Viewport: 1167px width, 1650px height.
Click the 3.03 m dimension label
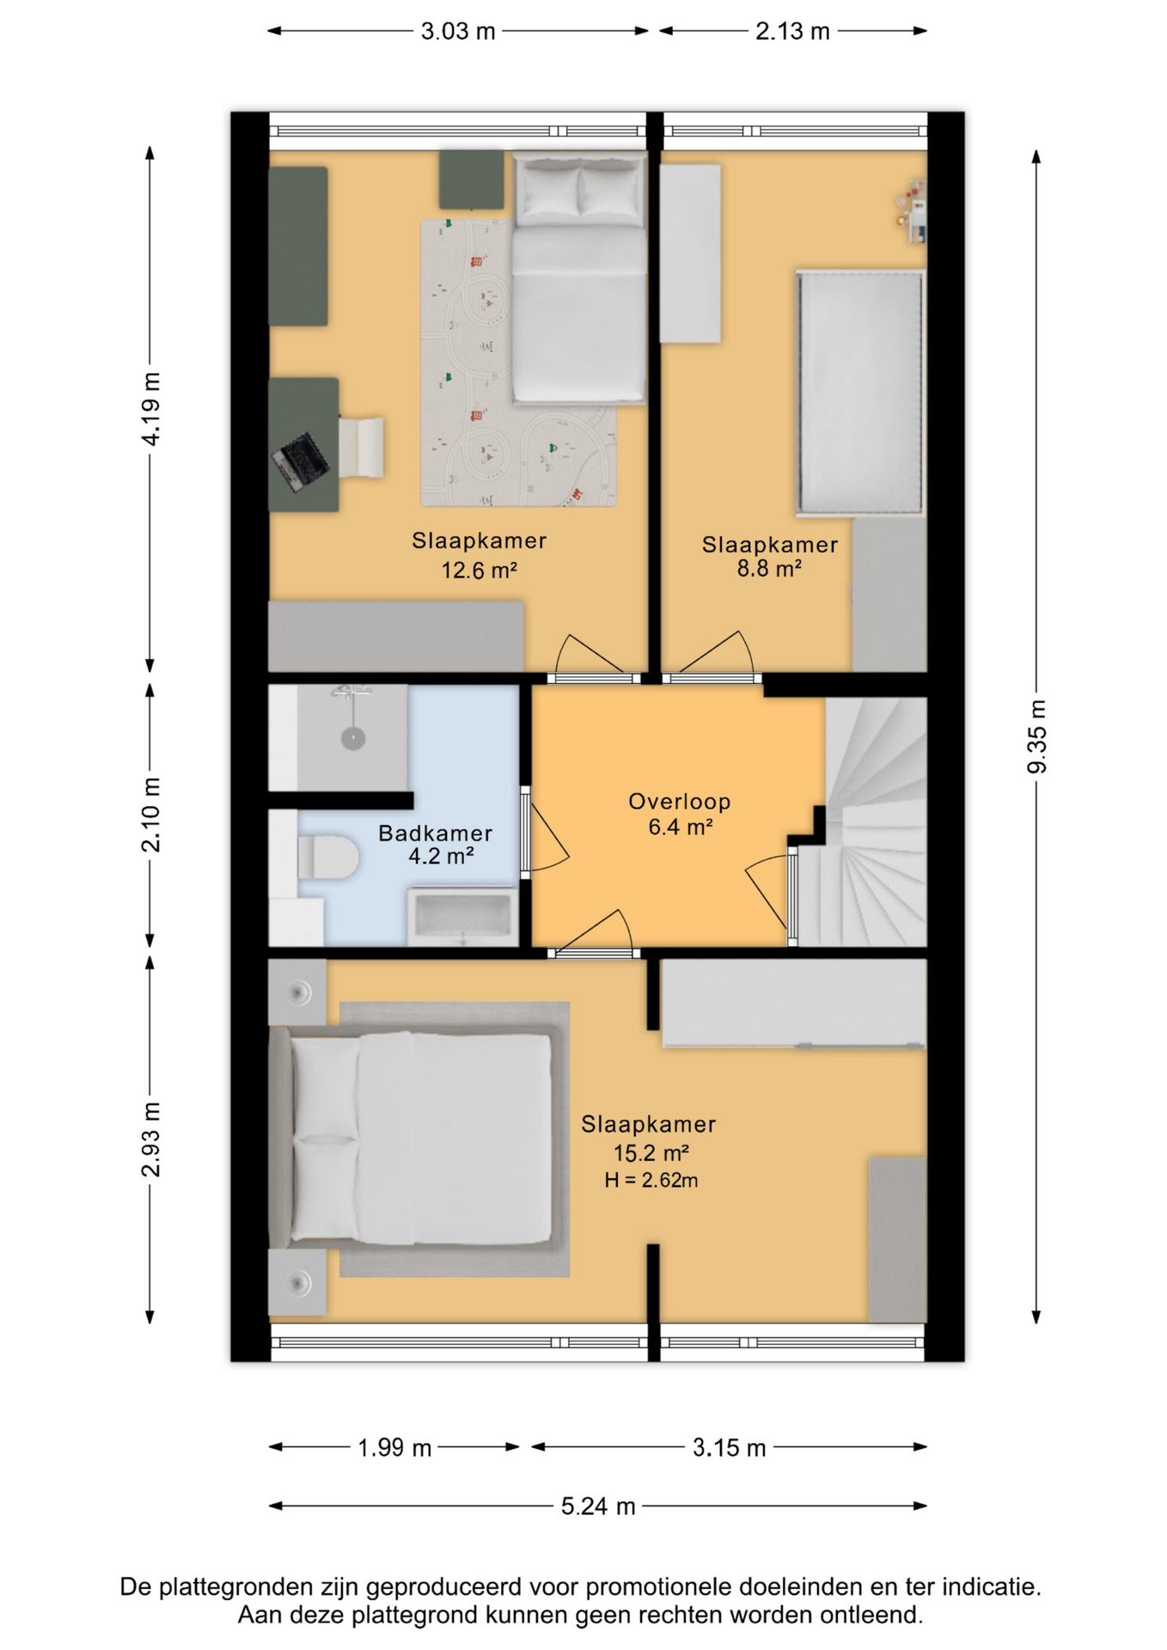pyautogui.click(x=458, y=32)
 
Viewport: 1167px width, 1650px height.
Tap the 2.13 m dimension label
pyautogui.click(x=792, y=32)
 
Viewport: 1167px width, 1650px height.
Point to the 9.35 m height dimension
pyautogui.click(x=1037, y=736)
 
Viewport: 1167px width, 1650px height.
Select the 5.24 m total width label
pyautogui.click(x=598, y=1506)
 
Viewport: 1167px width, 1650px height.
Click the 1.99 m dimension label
pyautogui.click(x=394, y=1448)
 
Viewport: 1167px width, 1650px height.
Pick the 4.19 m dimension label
pyautogui.click(x=150, y=409)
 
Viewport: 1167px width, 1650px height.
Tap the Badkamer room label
pyautogui.click(x=436, y=833)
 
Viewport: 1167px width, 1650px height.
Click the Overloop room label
pyautogui.click(x=680, y=801)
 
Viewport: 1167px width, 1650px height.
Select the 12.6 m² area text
pyautogui.click(x=479, y=570)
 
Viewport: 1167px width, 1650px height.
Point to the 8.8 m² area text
pyautogui.click(x=769, y=568)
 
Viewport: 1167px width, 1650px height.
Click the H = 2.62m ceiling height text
pyautogui.click(x=651, y=1180)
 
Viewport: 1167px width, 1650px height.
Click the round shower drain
pyautogui.click(x=353, y=737)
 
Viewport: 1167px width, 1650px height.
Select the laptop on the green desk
pyautogui.click(x=301, y=461)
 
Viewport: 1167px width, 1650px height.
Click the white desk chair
pyautogui.click(x=361, y=445)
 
